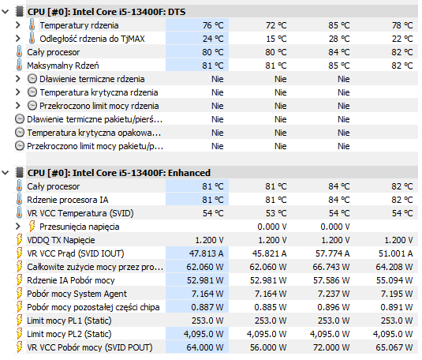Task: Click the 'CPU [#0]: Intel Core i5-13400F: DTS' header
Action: click(106, 12)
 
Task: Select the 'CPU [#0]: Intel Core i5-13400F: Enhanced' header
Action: click(118, 173)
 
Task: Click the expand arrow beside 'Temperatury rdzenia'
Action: click(18, 25)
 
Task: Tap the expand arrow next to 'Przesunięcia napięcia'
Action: click(18, 227)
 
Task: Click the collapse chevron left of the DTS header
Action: click(6, 12)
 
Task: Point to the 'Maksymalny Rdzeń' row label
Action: click(63, 66)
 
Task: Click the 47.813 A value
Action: click(206, 253)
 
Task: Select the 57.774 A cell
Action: click(332, 253)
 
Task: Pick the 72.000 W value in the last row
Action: click(331, 347)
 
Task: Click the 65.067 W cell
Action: click(394, 347)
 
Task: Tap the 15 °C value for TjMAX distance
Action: click(276, 39)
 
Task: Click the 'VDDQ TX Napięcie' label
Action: click(61, 240)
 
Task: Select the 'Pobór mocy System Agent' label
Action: click(77, 294)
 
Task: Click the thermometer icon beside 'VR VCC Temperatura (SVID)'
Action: click(20, 213)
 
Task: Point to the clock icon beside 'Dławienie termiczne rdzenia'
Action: click(32, 79)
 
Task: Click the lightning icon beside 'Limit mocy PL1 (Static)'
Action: click(20, 321)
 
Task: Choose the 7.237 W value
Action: click(334, 294)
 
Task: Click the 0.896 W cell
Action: click(334, 307)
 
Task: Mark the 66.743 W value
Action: click(331, 267)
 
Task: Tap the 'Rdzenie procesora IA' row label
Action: click(68, 200)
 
